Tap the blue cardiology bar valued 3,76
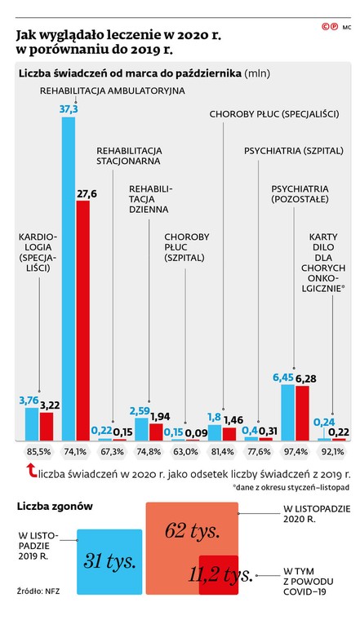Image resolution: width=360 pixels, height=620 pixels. [32, 423]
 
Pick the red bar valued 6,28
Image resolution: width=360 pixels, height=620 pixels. [302, 412]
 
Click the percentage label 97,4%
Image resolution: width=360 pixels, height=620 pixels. [296, 451]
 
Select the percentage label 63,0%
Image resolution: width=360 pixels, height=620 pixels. [185, 451]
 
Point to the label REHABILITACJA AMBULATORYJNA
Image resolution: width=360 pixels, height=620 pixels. [113, 91]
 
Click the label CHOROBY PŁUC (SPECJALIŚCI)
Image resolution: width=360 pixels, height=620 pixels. [274, 114]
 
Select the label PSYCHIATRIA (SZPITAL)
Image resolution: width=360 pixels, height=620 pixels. [291, 151]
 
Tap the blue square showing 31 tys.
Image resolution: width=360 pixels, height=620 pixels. [109, 560]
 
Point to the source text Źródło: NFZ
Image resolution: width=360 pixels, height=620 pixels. [38, 589]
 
